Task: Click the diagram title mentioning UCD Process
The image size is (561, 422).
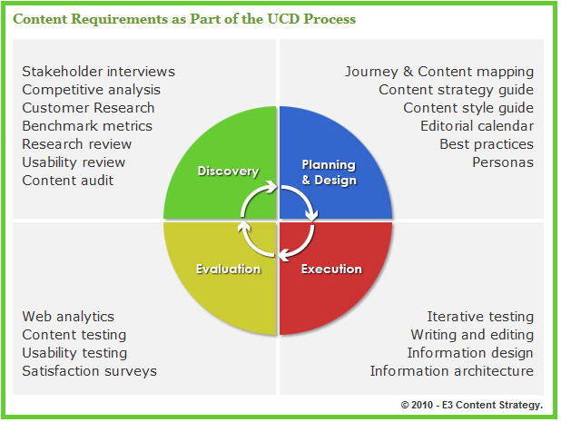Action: [184, 18]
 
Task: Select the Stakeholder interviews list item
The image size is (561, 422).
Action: [98, 72]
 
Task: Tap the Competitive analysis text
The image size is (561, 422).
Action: [91, 90]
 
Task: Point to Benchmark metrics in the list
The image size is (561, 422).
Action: [87, 126]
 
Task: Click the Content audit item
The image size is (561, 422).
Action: [68, 181]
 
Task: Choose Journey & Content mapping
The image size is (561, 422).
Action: [439, 72]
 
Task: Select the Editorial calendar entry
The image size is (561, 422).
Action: [477, 126]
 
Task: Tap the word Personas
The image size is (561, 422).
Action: [503, 162]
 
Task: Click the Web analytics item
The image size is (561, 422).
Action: [68, 317]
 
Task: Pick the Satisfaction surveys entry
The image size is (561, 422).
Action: [89, 371]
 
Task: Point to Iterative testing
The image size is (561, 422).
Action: [480, 317]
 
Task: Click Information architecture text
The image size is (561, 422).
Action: [451, 371]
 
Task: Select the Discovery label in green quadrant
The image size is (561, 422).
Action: [228, 172]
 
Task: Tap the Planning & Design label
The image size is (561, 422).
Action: [329, 172]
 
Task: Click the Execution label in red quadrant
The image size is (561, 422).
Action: [331, 269]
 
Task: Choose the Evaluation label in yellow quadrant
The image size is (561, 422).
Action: [228, 269]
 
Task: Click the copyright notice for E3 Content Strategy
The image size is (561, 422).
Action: [471, 404]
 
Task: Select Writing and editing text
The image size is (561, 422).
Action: [472, 335]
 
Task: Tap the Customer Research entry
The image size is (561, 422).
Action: [88, 108]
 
